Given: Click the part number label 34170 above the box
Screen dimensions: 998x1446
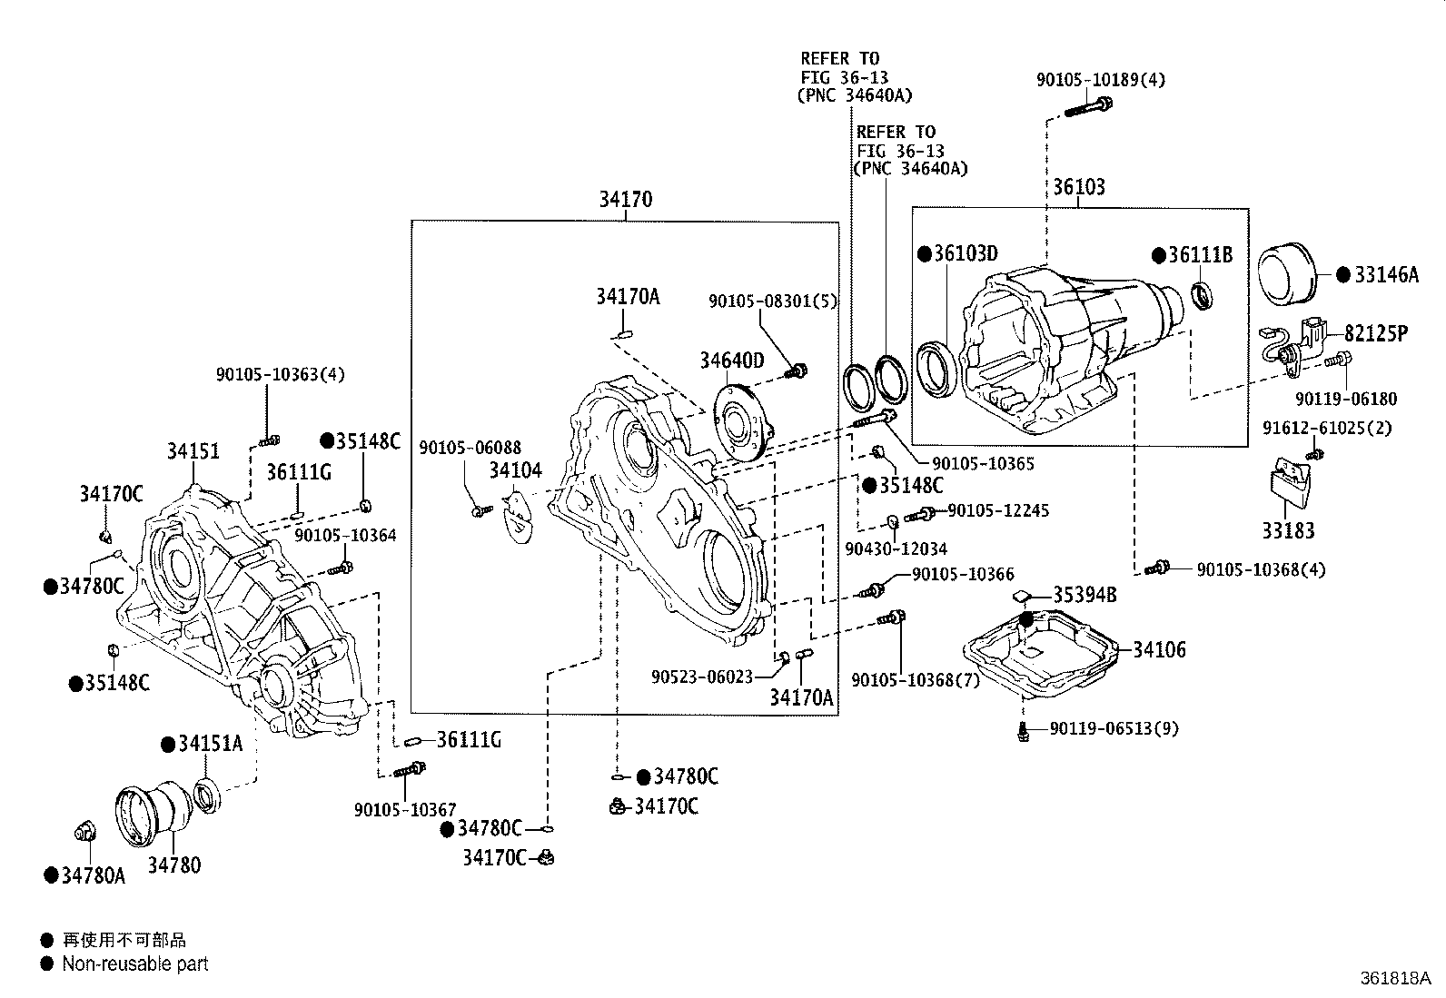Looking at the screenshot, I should (x=625, y=199).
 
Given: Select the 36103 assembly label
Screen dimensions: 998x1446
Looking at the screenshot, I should (x=1079, y=187).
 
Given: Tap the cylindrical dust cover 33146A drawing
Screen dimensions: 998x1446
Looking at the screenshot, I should (x=1288, y=274).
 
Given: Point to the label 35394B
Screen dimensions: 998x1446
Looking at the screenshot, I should (x=1084, y=596).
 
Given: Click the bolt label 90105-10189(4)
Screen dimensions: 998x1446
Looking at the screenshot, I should (x=1101, y=80).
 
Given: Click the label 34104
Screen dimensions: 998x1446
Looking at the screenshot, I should (x=515, y=469).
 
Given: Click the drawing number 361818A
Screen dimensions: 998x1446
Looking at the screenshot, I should (x=1394, y=978).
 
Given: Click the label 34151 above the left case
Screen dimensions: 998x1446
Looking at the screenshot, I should (x=193, y=450).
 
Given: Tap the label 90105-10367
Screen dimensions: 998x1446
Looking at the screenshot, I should (x=405, y=810).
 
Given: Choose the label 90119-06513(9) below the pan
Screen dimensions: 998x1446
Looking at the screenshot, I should (x=1114, y=728).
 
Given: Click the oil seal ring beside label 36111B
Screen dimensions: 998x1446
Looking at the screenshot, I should (x=1202, y=294).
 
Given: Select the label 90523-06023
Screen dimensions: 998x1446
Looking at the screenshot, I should (x=702, y=677).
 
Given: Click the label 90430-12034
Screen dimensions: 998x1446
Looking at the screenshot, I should (x=896, y=548).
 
